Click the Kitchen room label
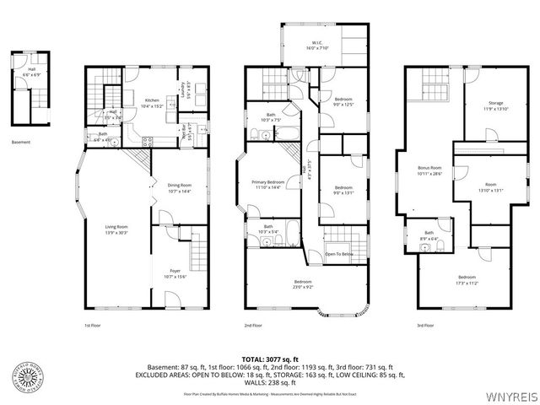pos(152,101)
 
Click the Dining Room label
pos(180,187)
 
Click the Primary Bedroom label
pos(268,184)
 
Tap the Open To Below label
pos(339,254)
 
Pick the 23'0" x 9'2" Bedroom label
pos(303,283)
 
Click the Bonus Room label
pos(430,170)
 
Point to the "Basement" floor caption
pos(21,142)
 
